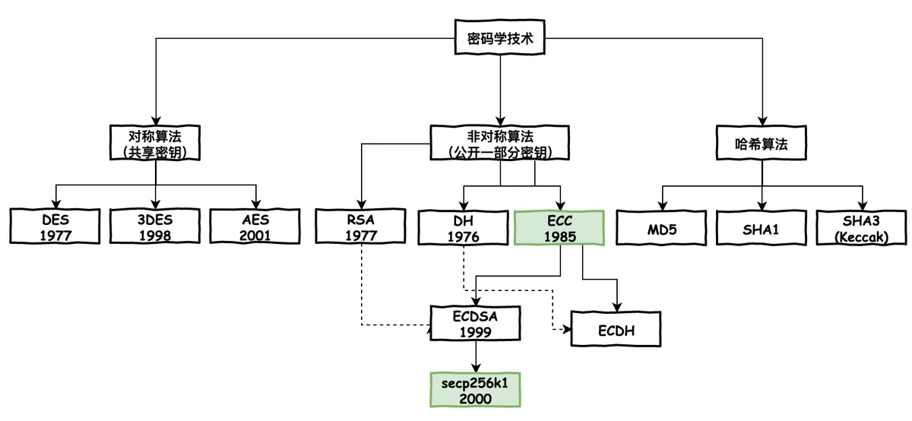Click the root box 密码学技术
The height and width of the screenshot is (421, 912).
[x=500, y=38]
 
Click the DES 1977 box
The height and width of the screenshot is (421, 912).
[x=55, y=227]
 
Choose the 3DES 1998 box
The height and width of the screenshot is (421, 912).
[x=155, y=227]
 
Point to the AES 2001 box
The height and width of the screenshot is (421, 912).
[x=254, y=227]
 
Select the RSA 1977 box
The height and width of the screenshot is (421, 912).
[x=359, y=227]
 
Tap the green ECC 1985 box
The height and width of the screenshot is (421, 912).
[x=559, y=227]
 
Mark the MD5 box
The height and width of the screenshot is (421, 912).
[x=662, y=227]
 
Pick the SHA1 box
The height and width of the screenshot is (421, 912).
[x=762, y=227]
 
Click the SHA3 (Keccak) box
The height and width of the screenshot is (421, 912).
[x=862, y=227]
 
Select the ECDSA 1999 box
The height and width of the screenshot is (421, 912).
[x=475, y=324]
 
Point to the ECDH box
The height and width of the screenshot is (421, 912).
[x=616, y=331]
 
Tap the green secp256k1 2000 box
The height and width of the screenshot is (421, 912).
[x=475, y=391]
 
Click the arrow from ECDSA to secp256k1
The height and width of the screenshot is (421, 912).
[x=475, y=356]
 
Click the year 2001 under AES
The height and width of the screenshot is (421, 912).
[x=254, y=236]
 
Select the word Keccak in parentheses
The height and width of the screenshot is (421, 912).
[x=862, y=236]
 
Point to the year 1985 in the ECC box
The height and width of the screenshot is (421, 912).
[x=559, y=236]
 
